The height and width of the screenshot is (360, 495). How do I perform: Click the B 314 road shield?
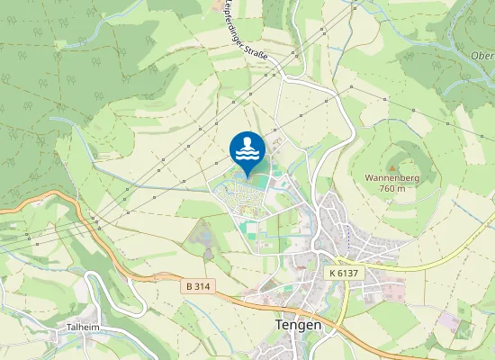click(200, 285)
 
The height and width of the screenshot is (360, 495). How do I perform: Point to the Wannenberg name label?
click(391, 178)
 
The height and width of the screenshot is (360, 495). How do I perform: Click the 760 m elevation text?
click(391, 189)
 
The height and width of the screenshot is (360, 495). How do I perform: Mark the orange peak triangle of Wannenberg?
click(391, 167)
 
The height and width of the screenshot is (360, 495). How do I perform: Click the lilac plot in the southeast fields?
click(446, 320)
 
